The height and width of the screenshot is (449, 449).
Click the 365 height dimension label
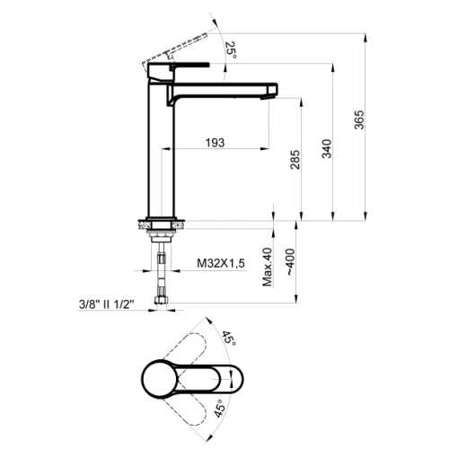pos(359,119)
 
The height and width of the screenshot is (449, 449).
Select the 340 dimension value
pos(327,149)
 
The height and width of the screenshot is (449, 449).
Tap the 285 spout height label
pos(295,160)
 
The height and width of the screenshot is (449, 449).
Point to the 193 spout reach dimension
pos(215,143)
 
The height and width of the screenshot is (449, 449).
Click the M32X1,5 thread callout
pos(221,263)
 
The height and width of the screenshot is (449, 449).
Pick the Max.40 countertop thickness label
pos(268,267)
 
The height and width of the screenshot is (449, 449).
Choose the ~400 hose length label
pos(290,262)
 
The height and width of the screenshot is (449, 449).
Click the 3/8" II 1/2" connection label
pos(106,304)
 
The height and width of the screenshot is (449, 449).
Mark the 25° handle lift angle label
pos(231,49)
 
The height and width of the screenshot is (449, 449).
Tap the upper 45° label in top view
pos(229,339)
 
